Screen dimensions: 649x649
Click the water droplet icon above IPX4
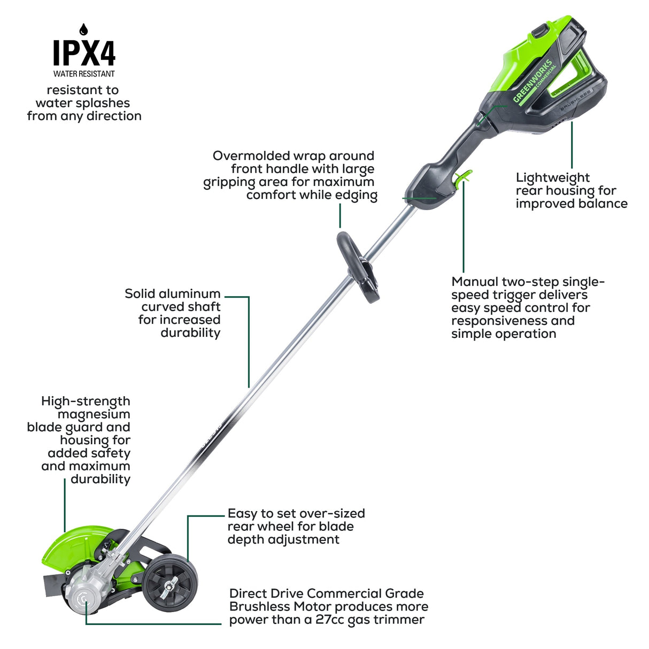[83, 29]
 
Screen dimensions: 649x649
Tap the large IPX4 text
[84, 53]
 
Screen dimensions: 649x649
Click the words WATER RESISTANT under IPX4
[84, 74]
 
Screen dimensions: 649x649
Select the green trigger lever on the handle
[463, 177]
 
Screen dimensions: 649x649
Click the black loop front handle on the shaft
[358, 265]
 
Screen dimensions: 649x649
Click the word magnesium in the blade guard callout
[94, 414]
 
